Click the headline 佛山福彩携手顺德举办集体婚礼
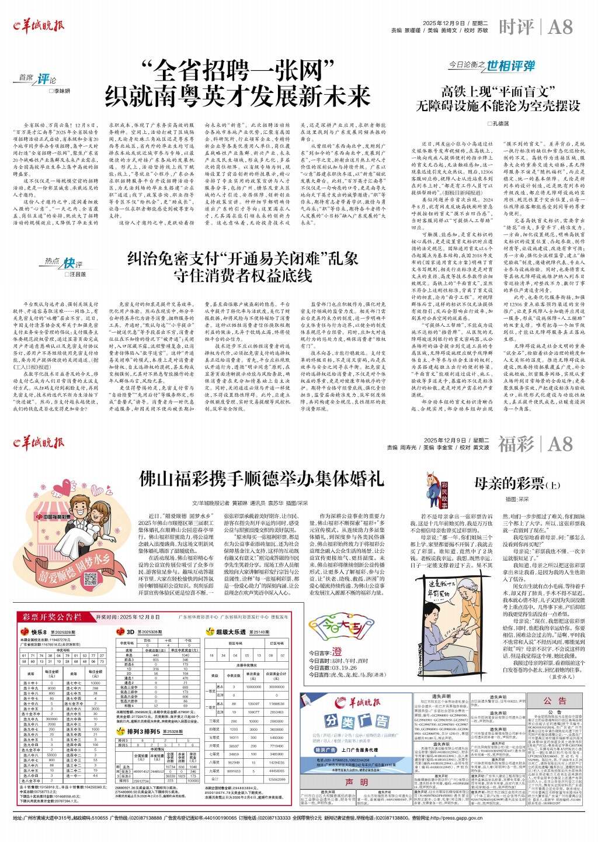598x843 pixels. (x=260, y=479)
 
